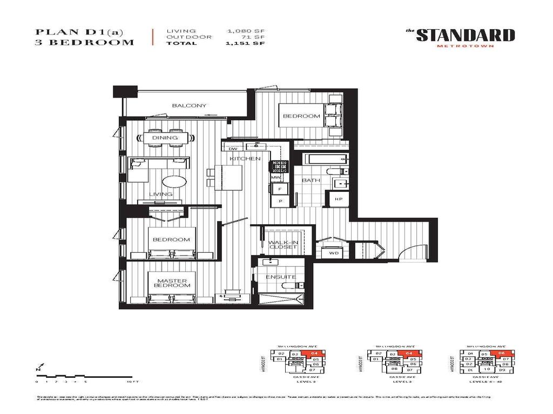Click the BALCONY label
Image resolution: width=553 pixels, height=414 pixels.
[188, 106]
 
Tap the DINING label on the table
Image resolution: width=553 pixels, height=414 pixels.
[165, 138]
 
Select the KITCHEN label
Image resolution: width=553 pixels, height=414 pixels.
[245, 158]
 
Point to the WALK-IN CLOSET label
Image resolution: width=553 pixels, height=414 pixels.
[283, 245]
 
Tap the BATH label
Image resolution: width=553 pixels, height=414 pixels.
[311, 181]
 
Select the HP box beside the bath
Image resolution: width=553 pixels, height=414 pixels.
[339, 199]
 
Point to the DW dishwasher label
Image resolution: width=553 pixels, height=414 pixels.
[233, 149]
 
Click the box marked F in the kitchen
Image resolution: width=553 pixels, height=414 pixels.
[280, 189]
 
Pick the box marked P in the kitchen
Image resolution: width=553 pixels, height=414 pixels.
[280, 201]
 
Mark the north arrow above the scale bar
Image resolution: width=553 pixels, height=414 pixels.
[38, 369]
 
